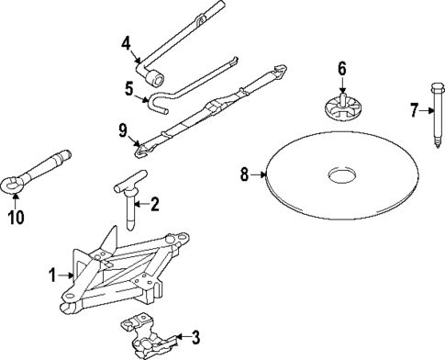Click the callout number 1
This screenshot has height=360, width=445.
53,274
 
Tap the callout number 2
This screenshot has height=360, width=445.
155,204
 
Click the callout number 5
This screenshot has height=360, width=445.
129,88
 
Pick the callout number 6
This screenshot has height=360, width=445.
341,68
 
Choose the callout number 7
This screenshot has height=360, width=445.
414,110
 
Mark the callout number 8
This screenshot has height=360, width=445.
245,174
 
